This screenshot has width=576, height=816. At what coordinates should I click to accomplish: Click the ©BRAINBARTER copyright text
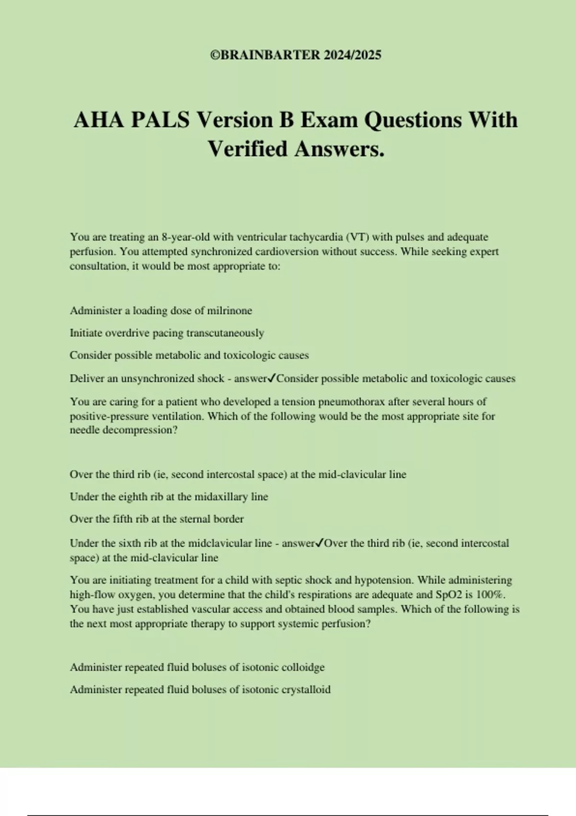click(296, 55)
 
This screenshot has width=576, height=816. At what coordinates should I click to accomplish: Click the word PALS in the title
click(160, 120)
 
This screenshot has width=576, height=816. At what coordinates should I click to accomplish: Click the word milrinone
click(229, 311)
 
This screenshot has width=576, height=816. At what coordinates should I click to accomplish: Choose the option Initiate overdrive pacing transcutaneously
click(167, 333)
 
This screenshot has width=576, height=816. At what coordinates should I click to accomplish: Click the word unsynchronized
click(158, 379)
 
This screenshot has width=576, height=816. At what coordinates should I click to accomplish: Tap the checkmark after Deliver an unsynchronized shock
click(272, 378)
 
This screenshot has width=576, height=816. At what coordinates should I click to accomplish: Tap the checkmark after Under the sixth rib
click(320, 543)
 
